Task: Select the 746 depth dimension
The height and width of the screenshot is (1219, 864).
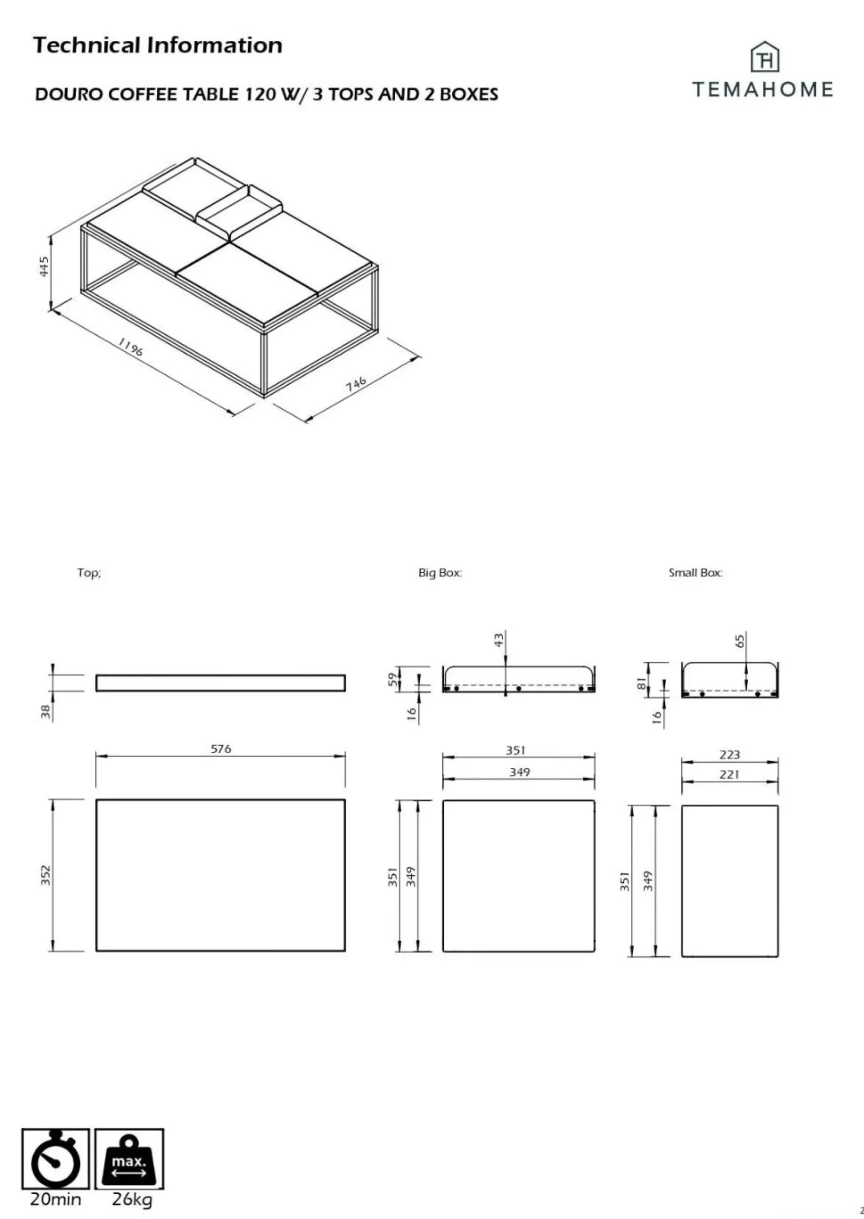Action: [x=356, y=384]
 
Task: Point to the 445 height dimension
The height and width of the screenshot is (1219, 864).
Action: [x=44, y=266]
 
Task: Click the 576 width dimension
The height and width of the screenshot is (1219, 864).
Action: [x=221, y=749]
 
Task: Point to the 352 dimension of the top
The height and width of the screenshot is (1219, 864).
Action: [x=46, y=876]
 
